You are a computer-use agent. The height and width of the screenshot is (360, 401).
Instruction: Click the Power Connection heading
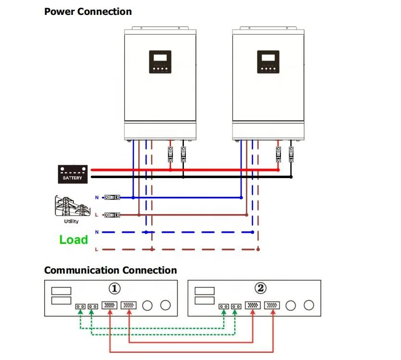click(88, 12)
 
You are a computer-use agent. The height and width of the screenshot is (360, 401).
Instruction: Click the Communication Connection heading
click(110, 270)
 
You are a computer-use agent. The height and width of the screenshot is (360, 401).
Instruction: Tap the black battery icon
click(73, 174)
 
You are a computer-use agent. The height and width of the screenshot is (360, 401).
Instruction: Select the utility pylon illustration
click(73, 206)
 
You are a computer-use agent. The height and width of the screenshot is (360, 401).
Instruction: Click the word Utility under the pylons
click(71, 221)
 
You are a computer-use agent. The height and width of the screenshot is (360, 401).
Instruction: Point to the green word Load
click(73, 240)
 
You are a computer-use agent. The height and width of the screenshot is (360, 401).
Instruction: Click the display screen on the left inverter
click(160, 58)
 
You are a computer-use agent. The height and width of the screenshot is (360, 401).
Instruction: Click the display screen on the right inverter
click(268, 58)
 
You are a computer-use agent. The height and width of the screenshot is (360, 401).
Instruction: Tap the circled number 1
click(114, 288)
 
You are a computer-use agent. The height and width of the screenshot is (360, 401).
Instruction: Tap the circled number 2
click(261, 288)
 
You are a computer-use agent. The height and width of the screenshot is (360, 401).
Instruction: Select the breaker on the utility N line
click(112, 197)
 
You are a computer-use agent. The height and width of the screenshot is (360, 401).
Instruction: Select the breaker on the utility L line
click(112, 215)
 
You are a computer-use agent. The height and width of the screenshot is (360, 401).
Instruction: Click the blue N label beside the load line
click(97, 232)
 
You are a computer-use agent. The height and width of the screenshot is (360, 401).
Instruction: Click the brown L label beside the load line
click(97, 249)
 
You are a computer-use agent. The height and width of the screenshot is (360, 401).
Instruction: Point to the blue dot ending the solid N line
click(241, 197)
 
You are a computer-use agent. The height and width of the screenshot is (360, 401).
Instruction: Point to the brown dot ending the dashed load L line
click(258, 249)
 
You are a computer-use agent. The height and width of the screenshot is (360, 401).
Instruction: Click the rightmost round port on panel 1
click(165, 305)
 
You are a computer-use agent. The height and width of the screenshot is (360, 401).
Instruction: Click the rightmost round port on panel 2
click(309, 305)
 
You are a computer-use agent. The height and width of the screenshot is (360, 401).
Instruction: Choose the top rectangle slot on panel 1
click(61, 291)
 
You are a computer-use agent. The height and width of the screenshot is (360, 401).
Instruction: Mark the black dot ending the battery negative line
click(291, 177)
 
